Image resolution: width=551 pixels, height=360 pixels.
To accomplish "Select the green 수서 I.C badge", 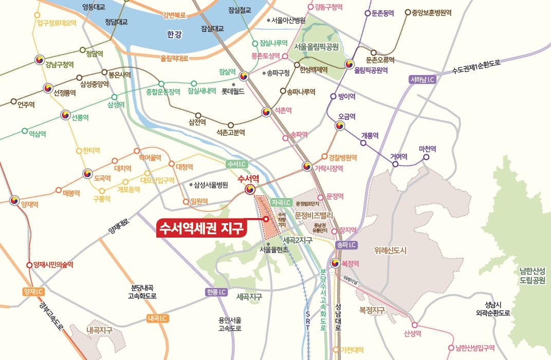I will point(237,164).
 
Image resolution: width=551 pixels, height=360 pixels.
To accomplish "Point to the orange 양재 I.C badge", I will point(31,292).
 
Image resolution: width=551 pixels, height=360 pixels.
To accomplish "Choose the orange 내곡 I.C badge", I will point(157,318).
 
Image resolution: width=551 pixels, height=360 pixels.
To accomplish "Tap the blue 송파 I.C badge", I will point(345,245).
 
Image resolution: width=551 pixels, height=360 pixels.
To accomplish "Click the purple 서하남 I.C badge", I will point(423,80).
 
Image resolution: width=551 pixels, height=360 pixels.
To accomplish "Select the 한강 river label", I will point(175,35).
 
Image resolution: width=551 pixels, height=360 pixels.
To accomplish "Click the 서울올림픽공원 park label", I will point(317,47).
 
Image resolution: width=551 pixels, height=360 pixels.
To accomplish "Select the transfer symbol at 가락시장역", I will point(307,166).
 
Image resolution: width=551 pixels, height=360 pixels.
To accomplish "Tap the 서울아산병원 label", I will point(288,21).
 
